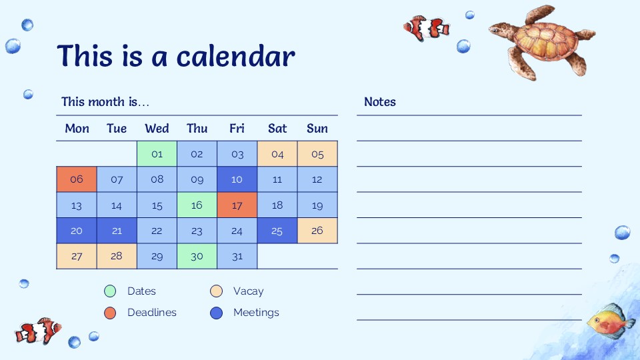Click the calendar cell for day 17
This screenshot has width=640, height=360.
tap(237, 205)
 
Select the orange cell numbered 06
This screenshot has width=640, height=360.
tap(76, 179)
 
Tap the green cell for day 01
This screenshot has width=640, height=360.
tap(157, 154)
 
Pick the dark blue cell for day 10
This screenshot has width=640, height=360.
tap(237, 179)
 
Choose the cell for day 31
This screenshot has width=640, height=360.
tap(237, 256)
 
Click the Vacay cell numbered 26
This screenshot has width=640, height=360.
tap(317, 231)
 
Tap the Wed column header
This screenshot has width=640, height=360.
tap(157, 129)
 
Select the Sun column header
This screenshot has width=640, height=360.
tap(317, 129)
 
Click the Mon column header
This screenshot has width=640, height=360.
tap(77, 129)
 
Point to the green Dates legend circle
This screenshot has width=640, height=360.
tap(110, 291)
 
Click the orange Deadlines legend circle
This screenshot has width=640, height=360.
tap(110, 313)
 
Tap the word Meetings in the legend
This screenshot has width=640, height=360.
tap(256, 313)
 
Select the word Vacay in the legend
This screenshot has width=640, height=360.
tap(248, 291)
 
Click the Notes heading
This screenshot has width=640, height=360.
tap(379, 101)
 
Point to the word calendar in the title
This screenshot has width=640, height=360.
tap(235, 56)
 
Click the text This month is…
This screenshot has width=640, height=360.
tap(105, 101)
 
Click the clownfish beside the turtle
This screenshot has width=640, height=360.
tap(427, 28)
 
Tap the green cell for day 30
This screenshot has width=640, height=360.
tap(197, 256)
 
